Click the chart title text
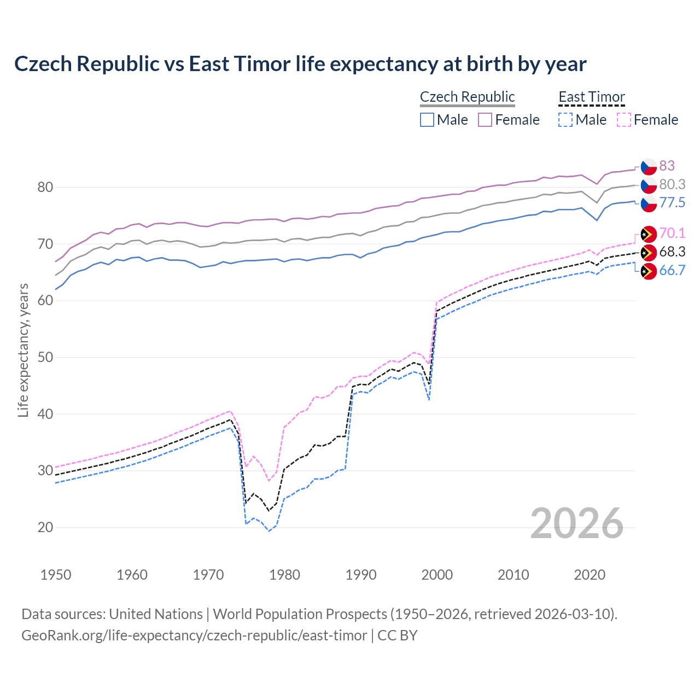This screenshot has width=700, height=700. tap(300, 64)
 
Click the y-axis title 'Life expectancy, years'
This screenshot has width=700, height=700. tap(23, 350)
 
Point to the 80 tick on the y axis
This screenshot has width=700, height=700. tap(45, 188)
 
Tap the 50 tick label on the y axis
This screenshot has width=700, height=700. tap(45, 358)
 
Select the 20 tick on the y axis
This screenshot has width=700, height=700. tap(45, 528)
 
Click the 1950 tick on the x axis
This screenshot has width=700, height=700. tap(56, 575)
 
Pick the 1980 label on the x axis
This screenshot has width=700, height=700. tap(284, 575)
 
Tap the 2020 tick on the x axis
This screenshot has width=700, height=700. tap(590, 575)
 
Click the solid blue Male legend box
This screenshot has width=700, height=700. tap(427, 120)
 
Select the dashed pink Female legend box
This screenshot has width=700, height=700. tap(624, 120)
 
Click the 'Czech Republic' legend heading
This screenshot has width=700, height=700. tap(467, 97)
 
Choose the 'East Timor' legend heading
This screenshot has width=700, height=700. tap(591, 97)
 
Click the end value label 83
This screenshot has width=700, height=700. tap(667, 166)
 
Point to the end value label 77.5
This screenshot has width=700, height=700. tap(672, 203)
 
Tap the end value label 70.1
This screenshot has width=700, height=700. tap(672, 234)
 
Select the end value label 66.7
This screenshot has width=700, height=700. tap(672, 271)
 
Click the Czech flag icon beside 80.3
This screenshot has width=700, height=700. tap(649, 185)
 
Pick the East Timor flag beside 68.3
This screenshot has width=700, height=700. tap(649, 252)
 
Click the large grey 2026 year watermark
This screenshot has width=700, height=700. tap(577, 524)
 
